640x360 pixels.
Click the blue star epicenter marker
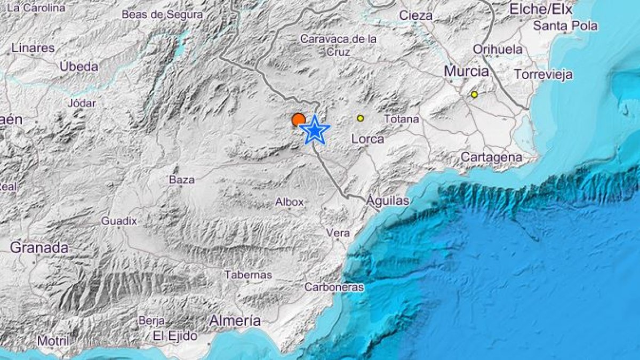point(315,130)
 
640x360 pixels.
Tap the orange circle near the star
point(298,119)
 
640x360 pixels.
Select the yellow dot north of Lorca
point(361,118)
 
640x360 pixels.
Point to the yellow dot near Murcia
point(474,94)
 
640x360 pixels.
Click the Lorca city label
point(368,139)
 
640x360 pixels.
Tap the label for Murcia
point(467,71)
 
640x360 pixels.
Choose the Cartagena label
point(491,157)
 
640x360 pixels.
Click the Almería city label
point(235,321)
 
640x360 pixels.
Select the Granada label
point(39,247)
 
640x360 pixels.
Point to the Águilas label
point(388,201)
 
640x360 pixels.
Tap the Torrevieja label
point(543,74)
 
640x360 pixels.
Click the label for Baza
point(181,180)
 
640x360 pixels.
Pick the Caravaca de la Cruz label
point(338,45)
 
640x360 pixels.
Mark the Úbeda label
point(79,67)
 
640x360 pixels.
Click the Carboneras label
point(334,287)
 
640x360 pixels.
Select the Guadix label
point(119,220)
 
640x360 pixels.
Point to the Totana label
point(401,119)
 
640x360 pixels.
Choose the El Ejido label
point(175,336)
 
